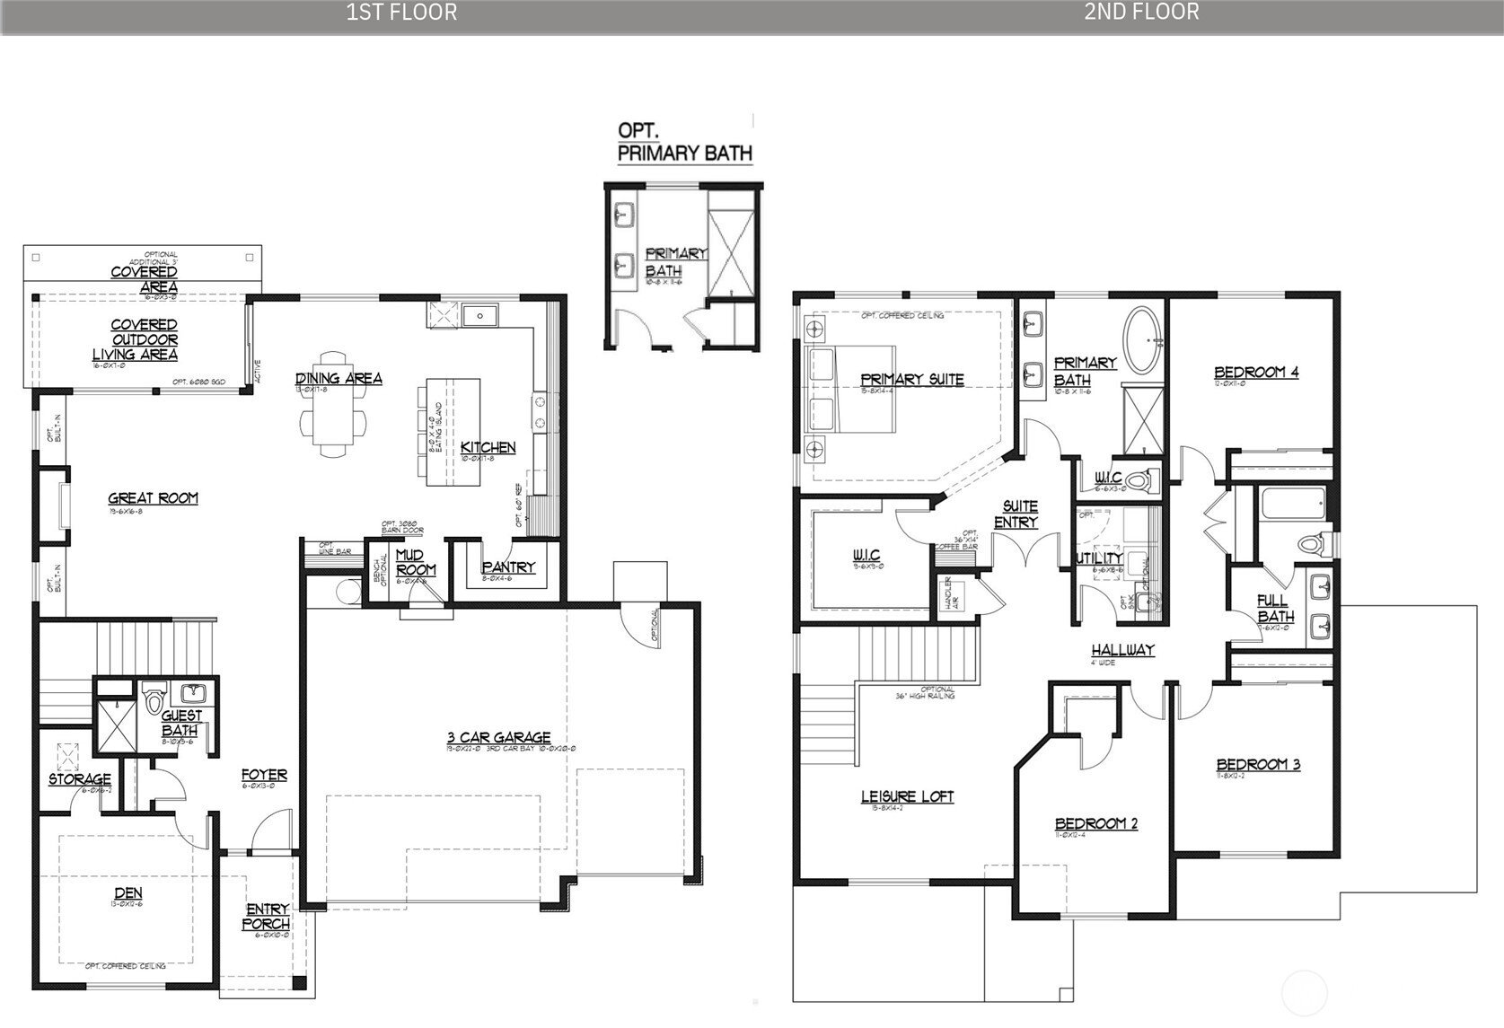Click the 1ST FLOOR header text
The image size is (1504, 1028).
(401, 12)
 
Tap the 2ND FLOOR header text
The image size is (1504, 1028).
(1141, 12)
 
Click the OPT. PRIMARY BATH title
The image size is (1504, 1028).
(683, 143)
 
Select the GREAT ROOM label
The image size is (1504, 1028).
(153, 498)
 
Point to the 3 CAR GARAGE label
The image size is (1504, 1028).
(498, 738)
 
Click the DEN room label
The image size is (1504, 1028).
(128, 892)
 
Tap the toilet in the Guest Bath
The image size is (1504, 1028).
(154, 698)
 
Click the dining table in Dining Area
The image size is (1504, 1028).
(333, 419)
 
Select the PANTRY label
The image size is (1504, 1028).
(507, 567)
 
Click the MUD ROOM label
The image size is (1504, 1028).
(415, 562)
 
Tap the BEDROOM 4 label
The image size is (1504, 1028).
(1255, 373)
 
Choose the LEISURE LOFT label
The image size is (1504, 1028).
(907, 796)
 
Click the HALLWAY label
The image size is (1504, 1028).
(1122, 650)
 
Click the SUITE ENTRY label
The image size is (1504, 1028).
(1018, 514)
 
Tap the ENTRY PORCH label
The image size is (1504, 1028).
(267, 916)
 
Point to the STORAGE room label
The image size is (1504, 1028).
(80, 779)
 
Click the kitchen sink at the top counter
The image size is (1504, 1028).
(480, 316)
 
